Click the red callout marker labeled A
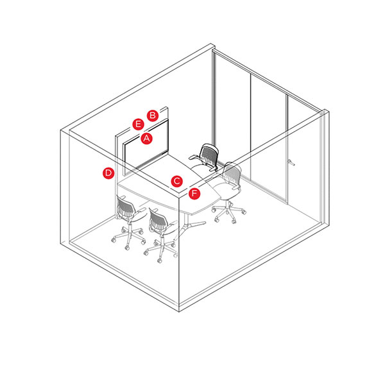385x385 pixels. (146, 139)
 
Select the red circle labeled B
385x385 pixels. (153, 116)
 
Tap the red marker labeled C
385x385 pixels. (177, 181)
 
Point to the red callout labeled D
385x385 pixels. (108, 173)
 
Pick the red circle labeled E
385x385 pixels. (138, 124)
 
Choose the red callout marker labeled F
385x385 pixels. (194, 194)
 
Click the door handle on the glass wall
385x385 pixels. (291, 162)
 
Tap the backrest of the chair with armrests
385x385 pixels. (209, 155)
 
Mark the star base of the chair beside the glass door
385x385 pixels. (229, 212)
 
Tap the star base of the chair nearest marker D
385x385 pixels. (128, 237)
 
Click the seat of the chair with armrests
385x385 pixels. (202, 169)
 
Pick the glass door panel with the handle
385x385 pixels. (304, 160)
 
